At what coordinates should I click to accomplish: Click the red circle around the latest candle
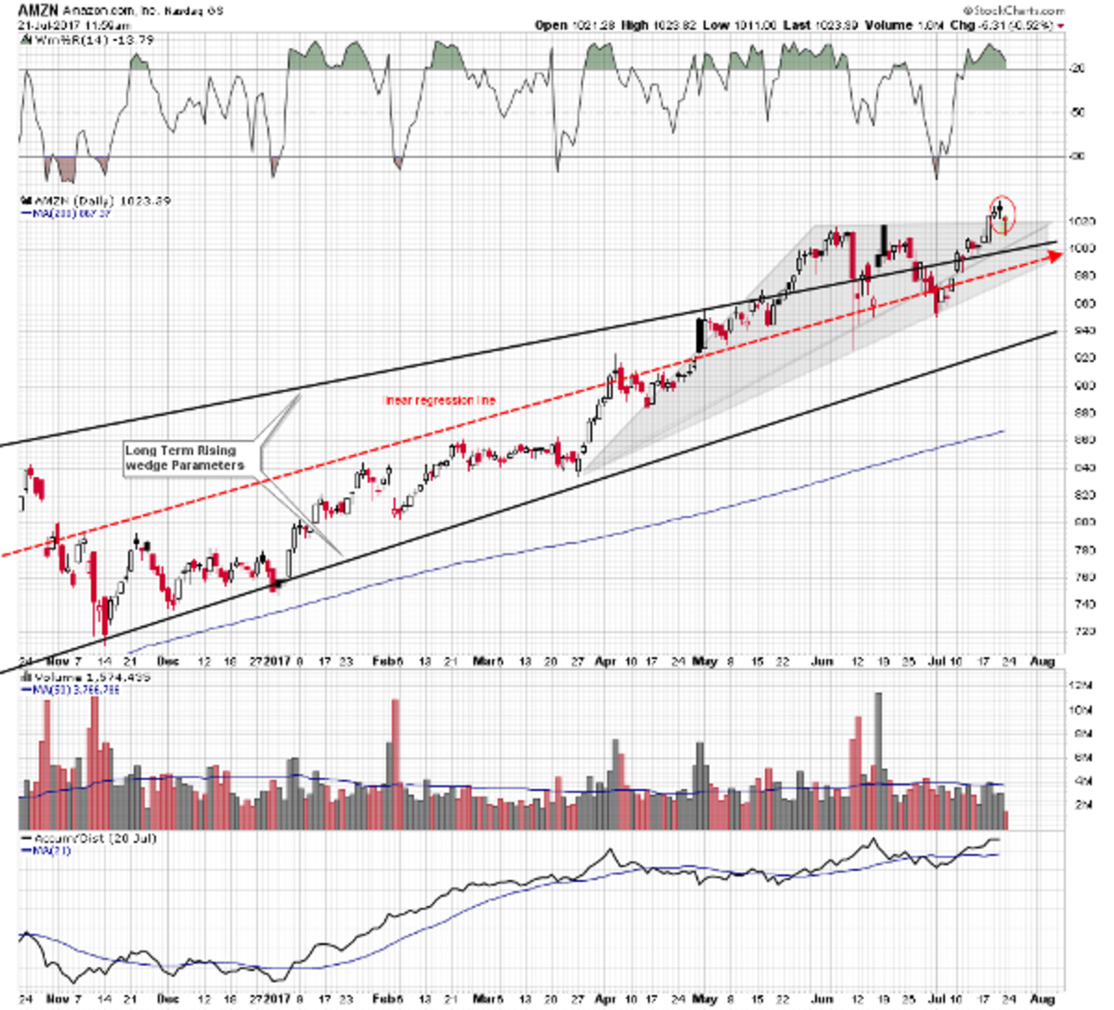[x=1002, y=214]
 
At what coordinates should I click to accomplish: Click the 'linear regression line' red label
[x=440, y=401]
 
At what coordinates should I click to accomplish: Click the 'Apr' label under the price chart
[x=604, y=662]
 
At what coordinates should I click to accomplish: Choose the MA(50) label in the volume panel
[x=65, y=690]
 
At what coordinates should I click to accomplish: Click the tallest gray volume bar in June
[x=878, y=752]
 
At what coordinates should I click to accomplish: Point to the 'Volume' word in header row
[x=888, y=25]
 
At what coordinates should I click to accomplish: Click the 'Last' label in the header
[x=797, y=25]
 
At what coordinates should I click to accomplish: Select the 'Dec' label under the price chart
[x=168, y=662]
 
